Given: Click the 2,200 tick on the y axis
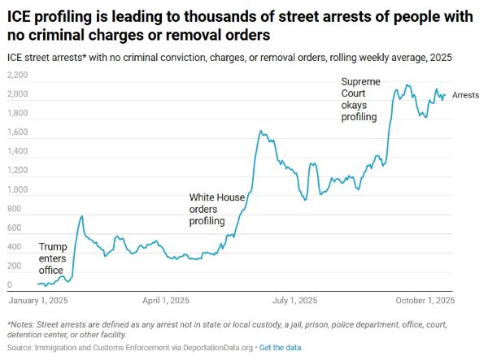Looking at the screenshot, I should click(17, 75).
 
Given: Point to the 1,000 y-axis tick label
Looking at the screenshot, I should click(17, 190).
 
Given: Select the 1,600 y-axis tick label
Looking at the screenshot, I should click(17, 132).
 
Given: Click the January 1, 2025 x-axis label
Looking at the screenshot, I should click(38, 300).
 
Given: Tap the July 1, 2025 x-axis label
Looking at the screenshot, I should click(291, 300).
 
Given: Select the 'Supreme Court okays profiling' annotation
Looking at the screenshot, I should click(359, 99).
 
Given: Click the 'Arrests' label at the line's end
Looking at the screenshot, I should click(465, 95).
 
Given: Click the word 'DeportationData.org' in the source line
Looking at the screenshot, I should click(214, 348).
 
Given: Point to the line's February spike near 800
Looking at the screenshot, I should click(81, 216).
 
